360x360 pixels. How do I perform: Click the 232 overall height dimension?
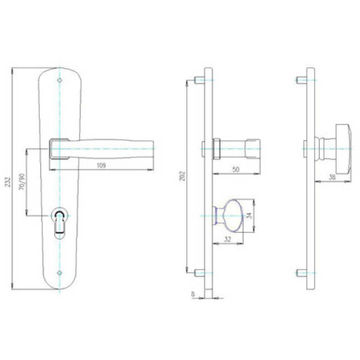click(8, 182)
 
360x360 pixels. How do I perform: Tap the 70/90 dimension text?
click(22, 182)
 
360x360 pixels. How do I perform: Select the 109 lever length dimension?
click(101, 165)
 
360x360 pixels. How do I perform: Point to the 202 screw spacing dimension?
click(182, 176)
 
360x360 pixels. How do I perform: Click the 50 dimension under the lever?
click(236, 170)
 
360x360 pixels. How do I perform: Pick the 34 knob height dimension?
click(250, 216)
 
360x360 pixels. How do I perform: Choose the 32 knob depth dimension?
click(227, 239)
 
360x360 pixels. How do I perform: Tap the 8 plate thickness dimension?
click(193, 294)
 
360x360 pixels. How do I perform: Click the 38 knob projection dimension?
click(332, 177)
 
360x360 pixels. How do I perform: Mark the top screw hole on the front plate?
click(59, 80)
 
